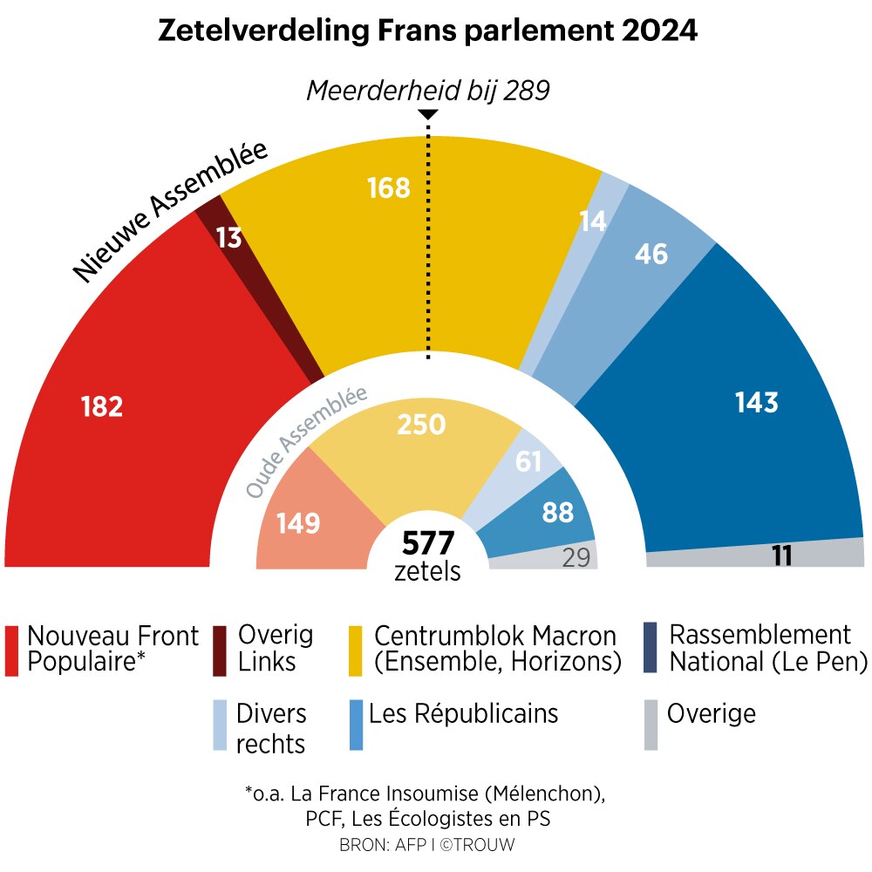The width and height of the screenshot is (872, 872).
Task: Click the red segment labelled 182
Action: click(113, 419)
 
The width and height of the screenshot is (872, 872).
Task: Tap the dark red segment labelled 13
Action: click(228, 238)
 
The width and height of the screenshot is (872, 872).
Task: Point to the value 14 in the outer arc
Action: click(593, 221)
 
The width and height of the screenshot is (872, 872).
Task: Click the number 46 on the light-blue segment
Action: click(651, 254)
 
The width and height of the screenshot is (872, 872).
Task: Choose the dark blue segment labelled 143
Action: click(755, 402)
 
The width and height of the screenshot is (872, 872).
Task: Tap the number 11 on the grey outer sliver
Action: click(782, 555)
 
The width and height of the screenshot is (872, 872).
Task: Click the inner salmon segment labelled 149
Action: click(298, 523)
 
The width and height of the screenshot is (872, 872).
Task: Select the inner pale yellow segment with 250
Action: click(421, 425)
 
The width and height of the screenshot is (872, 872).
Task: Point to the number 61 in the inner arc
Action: click(529, 461)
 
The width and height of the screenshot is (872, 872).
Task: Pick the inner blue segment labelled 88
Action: click(557, 512)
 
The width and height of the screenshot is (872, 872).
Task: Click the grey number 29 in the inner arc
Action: click(576, 558)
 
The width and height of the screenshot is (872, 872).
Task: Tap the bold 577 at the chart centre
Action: click(428, 544)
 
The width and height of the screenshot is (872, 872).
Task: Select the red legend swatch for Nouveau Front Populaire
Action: click(12, 651)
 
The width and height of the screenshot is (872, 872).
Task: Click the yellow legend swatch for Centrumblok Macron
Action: click(356, 651)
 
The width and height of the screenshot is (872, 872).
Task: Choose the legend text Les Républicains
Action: click(463, 714)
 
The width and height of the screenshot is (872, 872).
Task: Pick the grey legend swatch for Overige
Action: click(651, 725)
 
